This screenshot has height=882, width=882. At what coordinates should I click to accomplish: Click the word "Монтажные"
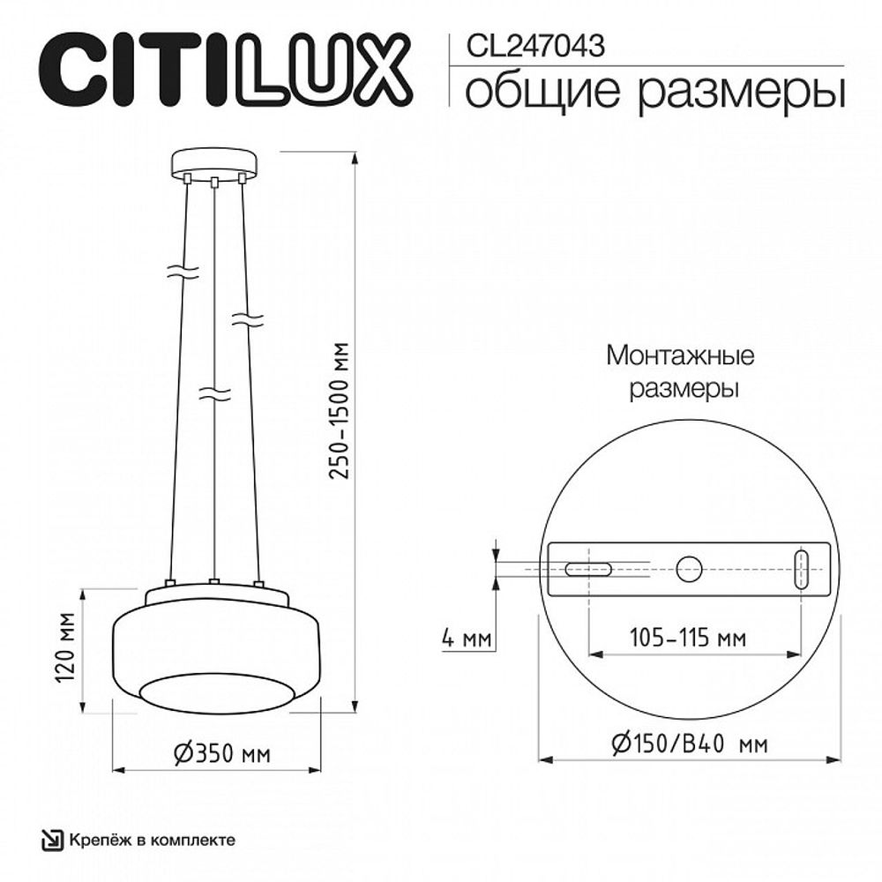coord(680,357)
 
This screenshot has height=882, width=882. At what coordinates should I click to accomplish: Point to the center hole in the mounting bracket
coord(688,568)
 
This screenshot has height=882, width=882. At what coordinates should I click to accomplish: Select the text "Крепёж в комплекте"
coord(153,840)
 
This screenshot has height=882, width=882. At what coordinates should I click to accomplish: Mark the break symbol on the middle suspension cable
coord(214,392)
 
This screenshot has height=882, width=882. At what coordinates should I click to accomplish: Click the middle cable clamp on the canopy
coord(214,183)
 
